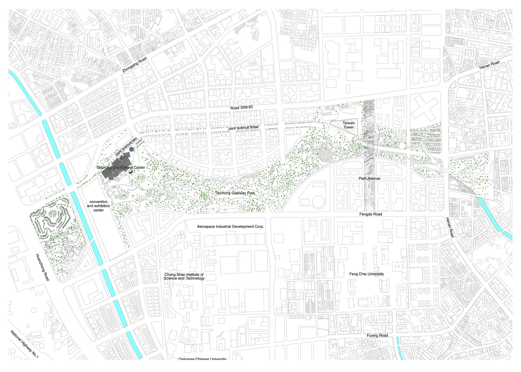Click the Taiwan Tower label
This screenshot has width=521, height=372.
348,125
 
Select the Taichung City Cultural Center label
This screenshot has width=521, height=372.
121,168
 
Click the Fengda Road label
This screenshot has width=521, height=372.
371,214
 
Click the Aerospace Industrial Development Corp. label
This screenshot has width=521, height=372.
230,227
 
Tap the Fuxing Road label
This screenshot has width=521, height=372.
377,335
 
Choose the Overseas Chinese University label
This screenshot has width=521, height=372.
202,359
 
